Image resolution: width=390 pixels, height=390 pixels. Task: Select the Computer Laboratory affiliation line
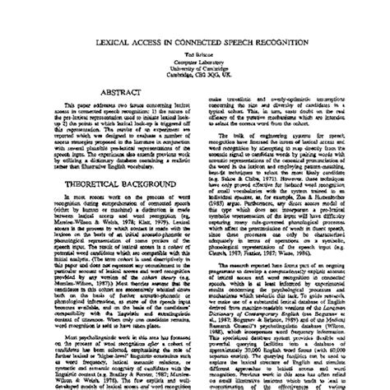(195, 60)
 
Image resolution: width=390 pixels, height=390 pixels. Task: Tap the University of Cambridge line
(195, 67)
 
